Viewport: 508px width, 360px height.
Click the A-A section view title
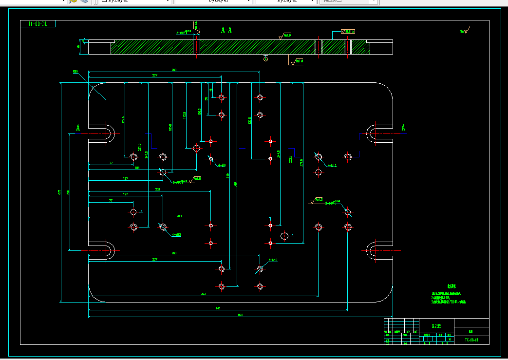click(226, 30)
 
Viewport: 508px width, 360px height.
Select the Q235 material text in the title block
click(437, 325)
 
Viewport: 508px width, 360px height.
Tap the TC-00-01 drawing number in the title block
click(471, 340)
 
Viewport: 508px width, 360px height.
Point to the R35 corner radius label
click(75, 72)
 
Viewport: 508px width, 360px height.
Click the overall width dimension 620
click(240, 315)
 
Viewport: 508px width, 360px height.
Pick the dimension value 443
click(218, 308)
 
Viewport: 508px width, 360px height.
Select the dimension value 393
click(203, 294)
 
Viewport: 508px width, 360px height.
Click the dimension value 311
click(179, 215)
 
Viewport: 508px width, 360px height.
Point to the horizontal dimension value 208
click(157, 189)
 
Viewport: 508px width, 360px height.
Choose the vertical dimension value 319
click(228, 175)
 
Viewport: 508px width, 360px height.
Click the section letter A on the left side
click(77, 128)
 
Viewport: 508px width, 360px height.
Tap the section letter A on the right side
click(403, 128)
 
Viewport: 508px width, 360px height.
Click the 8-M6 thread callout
click(222, 165)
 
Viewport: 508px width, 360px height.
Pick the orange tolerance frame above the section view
click(348, 31)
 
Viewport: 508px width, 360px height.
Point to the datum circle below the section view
click(265, 59)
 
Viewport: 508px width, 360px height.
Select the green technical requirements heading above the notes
click(452, 286)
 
